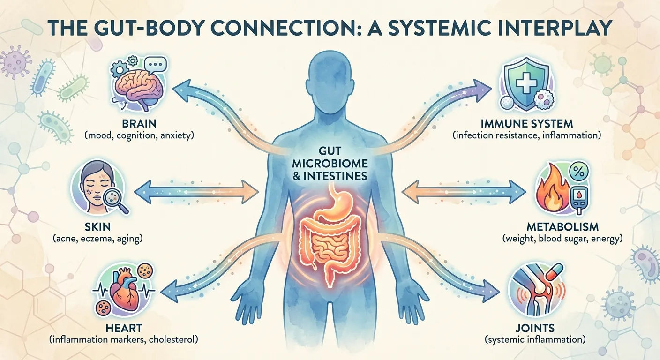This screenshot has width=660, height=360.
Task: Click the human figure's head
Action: tap(330, 84)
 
